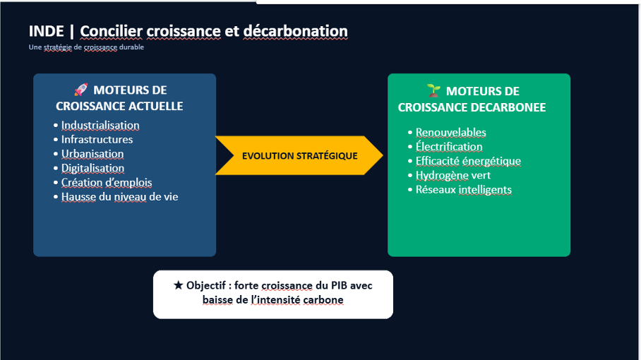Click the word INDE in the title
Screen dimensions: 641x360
(x=46, y=31)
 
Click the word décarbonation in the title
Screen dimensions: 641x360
(x=296, y=31)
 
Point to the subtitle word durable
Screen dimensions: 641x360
(x=131, y=47)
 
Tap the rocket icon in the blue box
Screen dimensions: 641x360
(x=81, y=90)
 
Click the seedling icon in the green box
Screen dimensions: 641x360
(x=433, y=90)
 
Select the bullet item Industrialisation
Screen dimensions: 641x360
(x=100, y=126)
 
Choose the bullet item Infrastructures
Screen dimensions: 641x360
(x=97, y=140)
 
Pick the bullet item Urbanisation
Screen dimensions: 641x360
(x=92, y=154)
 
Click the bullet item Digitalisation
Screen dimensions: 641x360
(x=92, y=169)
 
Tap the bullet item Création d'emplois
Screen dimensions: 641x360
(x=107, y=183)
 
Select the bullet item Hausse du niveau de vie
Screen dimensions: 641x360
(x=120, y=197)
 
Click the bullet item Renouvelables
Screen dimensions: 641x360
(x=451, y=133)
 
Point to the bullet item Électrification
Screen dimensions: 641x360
(x=449, y=147)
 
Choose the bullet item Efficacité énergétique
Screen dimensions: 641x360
(x=468, y=161)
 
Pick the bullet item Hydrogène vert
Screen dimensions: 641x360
(x=453, y=175)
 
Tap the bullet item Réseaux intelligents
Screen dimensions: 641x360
(x=464, y=190)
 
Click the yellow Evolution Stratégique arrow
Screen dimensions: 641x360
(x=299, y=155)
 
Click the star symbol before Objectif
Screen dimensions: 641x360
(x=178, y=285)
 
